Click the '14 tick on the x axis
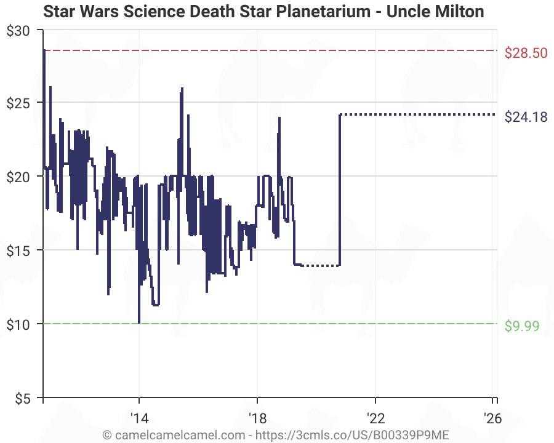point(139,418)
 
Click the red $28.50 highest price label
point(526,53)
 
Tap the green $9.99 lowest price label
point(522,326)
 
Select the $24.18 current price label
point(526,117)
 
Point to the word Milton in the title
point(461,12)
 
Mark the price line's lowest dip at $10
point(139,322)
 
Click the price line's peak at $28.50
point(44,51)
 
